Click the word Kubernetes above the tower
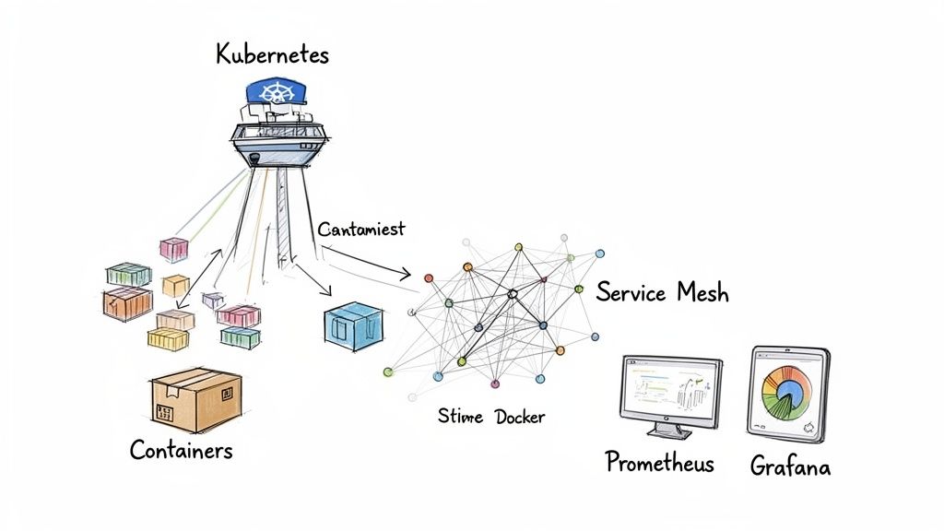coord(272,54)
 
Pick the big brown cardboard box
coord(195,399)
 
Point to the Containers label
coord(181,450)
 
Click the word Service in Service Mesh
coord(631,293)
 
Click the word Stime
coord(460,417)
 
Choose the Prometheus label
coord(659,462)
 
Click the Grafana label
coord(789,466)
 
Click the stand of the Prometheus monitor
coord(670,429)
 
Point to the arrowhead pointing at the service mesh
coord(407,274)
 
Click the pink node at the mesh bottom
coord(495,383)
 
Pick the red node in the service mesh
coord(543,278)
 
